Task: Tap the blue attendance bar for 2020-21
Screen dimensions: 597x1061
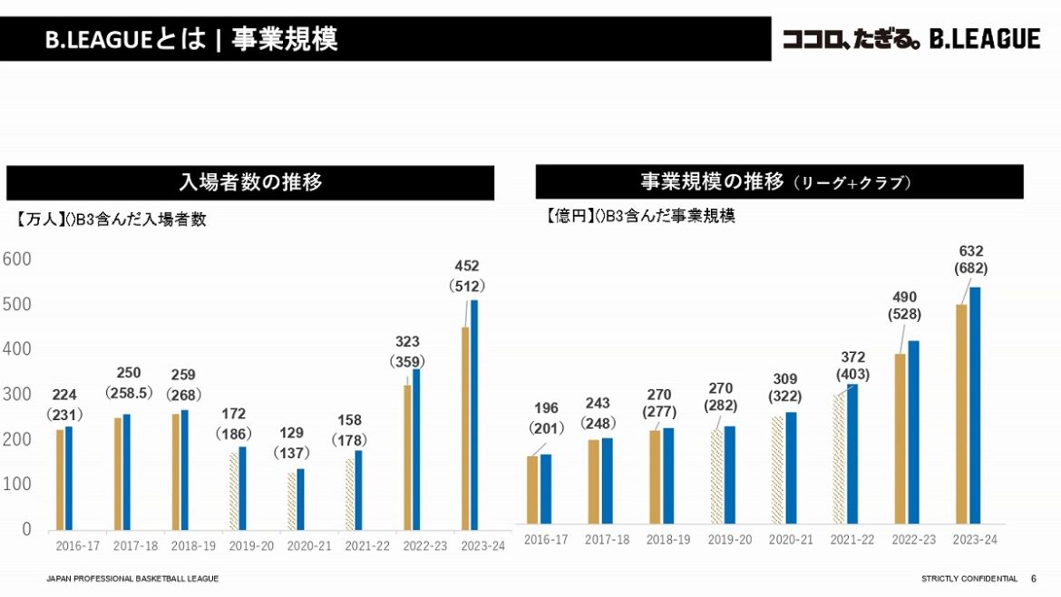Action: point(300,499)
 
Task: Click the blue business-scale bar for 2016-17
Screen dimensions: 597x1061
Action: point(546,489)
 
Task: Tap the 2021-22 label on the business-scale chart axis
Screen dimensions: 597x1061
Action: point(854,540)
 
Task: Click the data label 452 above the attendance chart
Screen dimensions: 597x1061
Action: point(467,266)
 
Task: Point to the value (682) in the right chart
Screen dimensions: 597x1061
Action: point(970,269)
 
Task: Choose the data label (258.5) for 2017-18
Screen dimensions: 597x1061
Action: point(129,394)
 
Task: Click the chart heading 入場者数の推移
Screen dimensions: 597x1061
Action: point(250,182)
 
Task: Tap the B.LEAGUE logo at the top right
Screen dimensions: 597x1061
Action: point(910,39)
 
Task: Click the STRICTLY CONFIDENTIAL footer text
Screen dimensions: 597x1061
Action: point(969,579)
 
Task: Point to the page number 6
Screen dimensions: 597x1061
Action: point(1034,579)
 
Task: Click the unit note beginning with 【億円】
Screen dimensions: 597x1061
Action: point(639,216)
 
